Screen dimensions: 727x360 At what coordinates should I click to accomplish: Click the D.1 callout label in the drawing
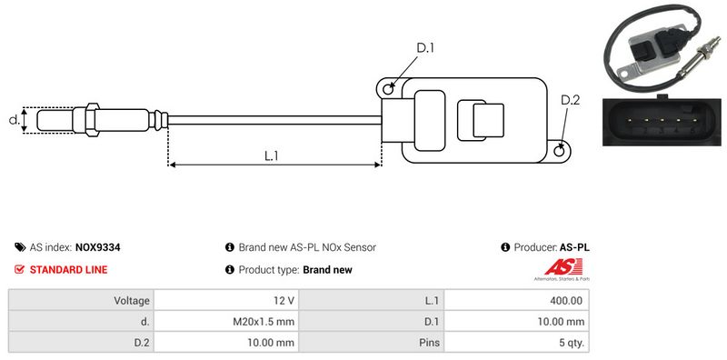424,48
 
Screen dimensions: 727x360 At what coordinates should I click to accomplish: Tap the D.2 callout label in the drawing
570,100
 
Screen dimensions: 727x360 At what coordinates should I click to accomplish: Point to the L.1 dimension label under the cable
271,155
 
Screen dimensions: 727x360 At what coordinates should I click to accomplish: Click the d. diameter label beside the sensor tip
15,120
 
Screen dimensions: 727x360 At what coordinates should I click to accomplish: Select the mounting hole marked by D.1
388,86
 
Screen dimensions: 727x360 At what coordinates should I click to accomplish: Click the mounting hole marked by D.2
560,150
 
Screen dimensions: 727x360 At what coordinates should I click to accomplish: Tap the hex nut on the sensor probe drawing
92,120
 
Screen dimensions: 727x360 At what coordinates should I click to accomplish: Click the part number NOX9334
98,247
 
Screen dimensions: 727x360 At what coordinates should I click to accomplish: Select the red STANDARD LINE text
69,269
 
